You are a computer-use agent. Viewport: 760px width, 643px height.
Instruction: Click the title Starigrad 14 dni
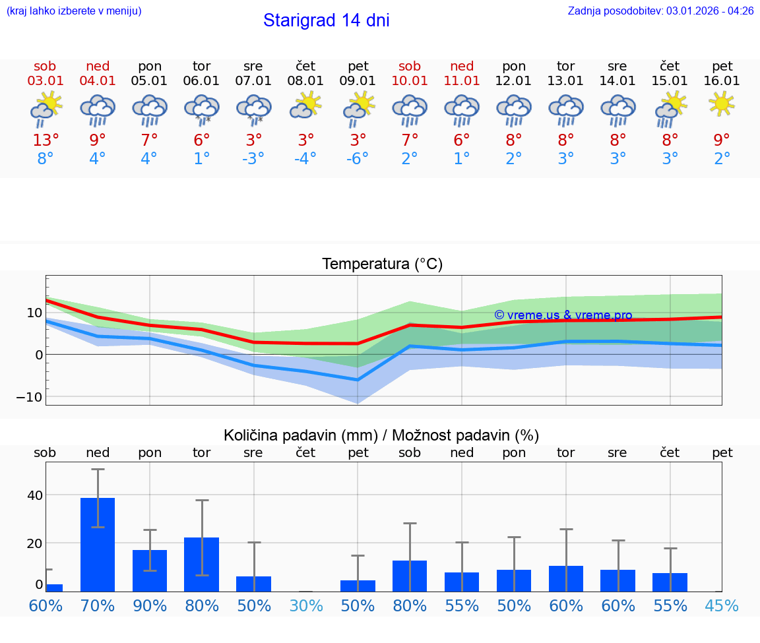click(x=326, y=20)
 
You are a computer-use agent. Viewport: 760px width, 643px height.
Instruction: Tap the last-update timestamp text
click(x=660, y=11)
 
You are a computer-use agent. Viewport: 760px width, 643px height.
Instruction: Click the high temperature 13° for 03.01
click(x=46, y=140)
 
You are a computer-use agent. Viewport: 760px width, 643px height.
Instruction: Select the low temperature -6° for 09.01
click(x=358, y=159)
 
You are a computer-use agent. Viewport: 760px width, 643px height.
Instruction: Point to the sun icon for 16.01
click(x=722, y=104)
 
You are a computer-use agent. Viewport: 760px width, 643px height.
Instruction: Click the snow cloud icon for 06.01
click(x=201, y=108)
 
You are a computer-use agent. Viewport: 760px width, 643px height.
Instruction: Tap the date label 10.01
click(x=410, y=81)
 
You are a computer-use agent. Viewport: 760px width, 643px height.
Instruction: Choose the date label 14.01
click(x=617, y=81)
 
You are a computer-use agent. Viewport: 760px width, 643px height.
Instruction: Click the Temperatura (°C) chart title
click(x=382, y=264)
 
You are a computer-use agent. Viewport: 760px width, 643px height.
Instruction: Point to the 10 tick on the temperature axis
click(x=34, y=313)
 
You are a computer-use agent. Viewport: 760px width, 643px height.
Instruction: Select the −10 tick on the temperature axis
click(x=30, y=397)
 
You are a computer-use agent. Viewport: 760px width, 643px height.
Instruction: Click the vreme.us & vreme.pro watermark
click(x=563, y=315)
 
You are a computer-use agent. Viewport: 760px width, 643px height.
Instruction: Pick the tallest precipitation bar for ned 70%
click(x=98, y=544)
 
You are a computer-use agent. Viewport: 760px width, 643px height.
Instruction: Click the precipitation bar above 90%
click(x=150, y=570)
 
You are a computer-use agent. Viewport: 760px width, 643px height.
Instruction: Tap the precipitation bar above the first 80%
click(x=201, y=564)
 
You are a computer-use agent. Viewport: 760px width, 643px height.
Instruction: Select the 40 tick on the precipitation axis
click(x=35, y=495)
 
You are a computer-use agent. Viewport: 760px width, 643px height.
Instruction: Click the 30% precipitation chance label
click(x=306, y=606)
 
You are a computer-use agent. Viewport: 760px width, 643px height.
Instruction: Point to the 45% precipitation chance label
click(x=722, y=606)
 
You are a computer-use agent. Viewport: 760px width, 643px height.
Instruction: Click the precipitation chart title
click(x=381, y=435)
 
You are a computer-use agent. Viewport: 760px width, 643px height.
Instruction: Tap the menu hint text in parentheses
click(x=74, y=11)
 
